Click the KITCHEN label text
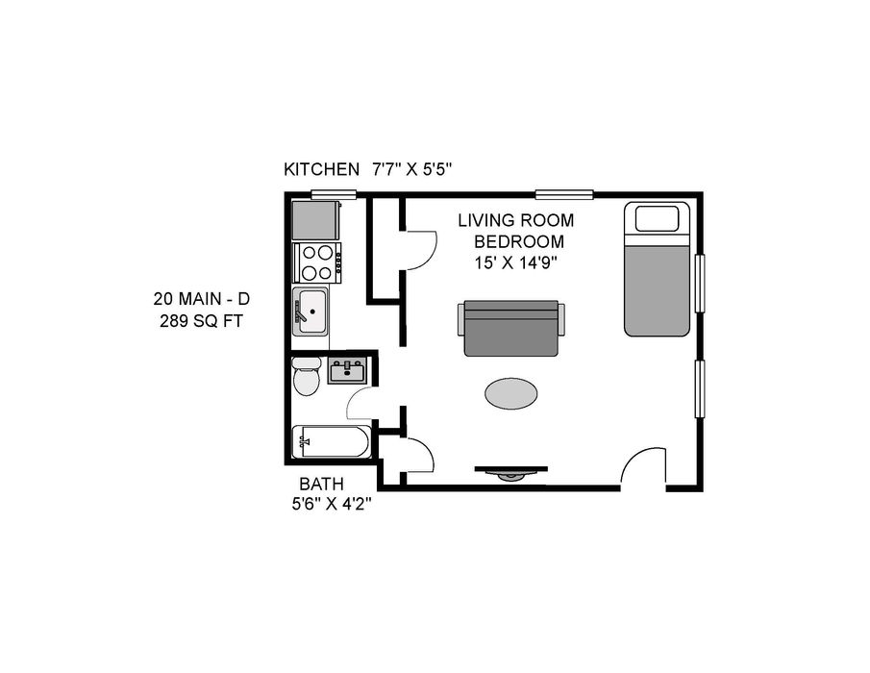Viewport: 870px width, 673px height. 321,169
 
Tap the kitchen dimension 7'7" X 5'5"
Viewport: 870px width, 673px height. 412,169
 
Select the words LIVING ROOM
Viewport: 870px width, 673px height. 515,220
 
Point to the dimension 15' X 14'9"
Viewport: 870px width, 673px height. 515,262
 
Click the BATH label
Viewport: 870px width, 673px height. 321,484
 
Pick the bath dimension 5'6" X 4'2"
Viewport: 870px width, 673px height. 332,505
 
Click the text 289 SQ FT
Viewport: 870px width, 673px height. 201,321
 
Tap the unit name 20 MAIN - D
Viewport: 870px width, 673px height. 202,299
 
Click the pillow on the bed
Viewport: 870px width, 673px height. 657,218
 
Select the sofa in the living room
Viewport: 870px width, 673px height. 511,328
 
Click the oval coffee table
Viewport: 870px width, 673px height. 511,393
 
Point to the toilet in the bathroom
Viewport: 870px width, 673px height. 307,376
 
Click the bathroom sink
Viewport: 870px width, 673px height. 347,371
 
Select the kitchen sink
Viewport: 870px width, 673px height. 311,312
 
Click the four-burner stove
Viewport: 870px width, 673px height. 316,262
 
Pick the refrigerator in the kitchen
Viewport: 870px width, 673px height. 316,220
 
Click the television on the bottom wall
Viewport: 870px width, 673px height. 511,473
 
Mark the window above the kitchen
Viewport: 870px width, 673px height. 333,194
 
